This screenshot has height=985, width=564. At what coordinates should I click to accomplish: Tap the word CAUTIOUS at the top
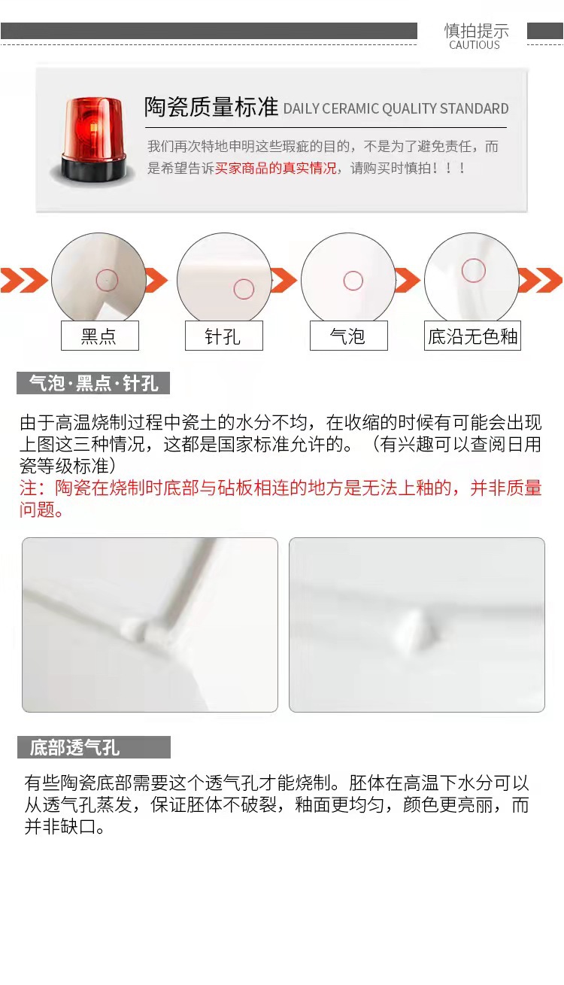[x=475, y=45]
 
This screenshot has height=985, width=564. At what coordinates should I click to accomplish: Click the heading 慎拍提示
[x=476, y=30]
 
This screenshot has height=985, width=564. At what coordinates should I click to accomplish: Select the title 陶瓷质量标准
[x=211, y=107]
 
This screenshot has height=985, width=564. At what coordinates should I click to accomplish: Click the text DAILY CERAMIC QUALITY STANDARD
[x=396, y=109]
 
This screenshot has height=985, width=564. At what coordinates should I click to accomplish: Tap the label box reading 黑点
[x=99, y=336]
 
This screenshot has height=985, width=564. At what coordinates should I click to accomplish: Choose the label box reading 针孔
[x=223, y=336]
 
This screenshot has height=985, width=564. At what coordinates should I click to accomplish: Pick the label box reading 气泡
[x=348, y=336]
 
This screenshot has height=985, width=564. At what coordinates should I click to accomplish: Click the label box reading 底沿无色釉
[x=472, y=336]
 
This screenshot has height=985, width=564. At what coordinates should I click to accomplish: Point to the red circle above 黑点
[x=107, y=281]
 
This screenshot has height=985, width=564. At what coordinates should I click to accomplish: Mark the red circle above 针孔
[x=244, y=289]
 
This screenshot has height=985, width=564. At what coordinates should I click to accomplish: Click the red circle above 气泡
[x=353, y=281]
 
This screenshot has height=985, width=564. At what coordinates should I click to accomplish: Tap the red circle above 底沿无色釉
[x=473, y=270]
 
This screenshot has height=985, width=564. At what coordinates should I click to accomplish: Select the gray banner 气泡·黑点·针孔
[x=93, y=383]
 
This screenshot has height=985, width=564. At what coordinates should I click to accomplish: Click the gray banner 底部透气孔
[x=94, y=747]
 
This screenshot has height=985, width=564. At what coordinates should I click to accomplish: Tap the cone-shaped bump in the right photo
[x=412, y=625]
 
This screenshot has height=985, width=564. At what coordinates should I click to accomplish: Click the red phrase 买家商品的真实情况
[x=275, y=168]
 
